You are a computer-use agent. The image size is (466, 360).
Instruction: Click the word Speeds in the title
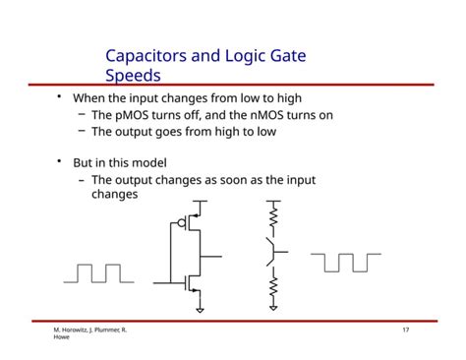[x=133, y=75]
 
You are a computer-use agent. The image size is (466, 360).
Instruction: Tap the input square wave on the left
[x=92, y=272]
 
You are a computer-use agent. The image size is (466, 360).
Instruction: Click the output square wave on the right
[x=345, y=262]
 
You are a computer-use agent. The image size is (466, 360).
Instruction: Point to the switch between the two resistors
[x=271, y=251]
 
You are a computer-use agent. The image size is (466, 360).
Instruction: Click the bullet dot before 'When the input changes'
[x=58, y=97]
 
